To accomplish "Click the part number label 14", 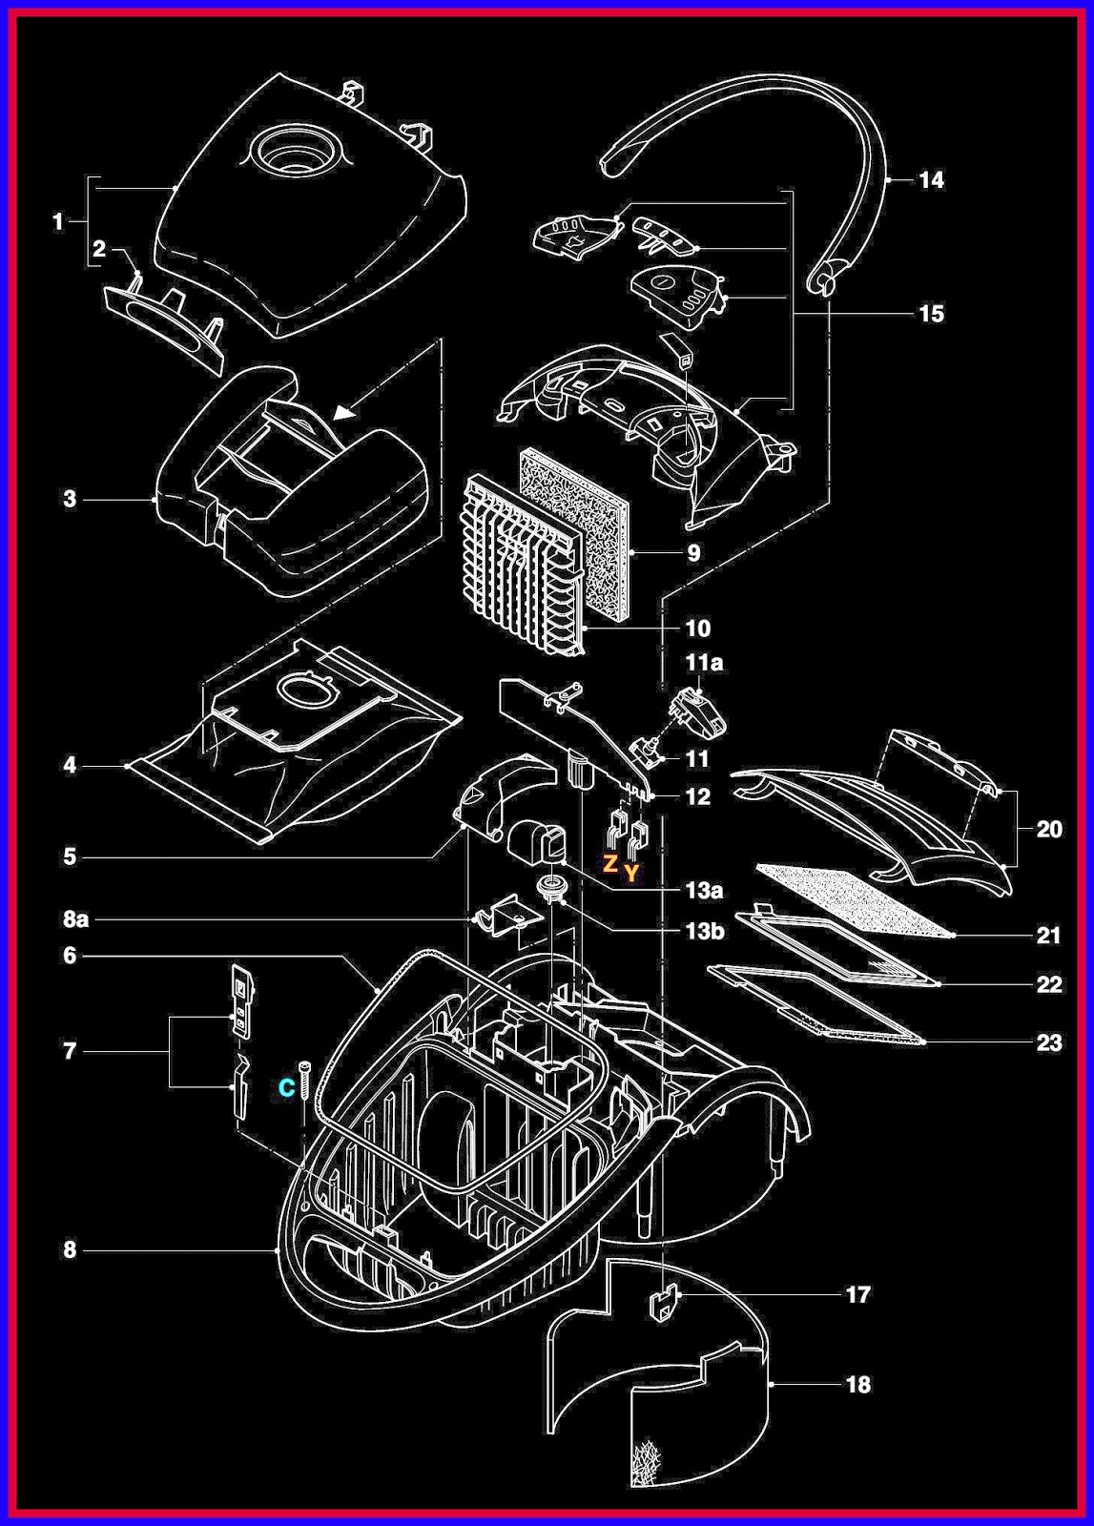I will coord(931,180).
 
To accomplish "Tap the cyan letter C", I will coord(286,1088).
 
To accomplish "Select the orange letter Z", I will coord(609,864).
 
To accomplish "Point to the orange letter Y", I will coord(630,873).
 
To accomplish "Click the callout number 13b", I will coord(704,931).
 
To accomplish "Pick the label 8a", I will coord(76,919).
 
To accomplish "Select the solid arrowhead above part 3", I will coord(344,412).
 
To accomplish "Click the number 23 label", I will coord(1048,1042).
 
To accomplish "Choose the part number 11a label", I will coord(704,662).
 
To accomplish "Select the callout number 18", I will coord(858,1384).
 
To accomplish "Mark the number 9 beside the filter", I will coord(693,553).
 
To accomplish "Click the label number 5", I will coord(70,856).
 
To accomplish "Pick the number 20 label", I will coord(1048,829).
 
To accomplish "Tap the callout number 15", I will coord(931,314).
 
